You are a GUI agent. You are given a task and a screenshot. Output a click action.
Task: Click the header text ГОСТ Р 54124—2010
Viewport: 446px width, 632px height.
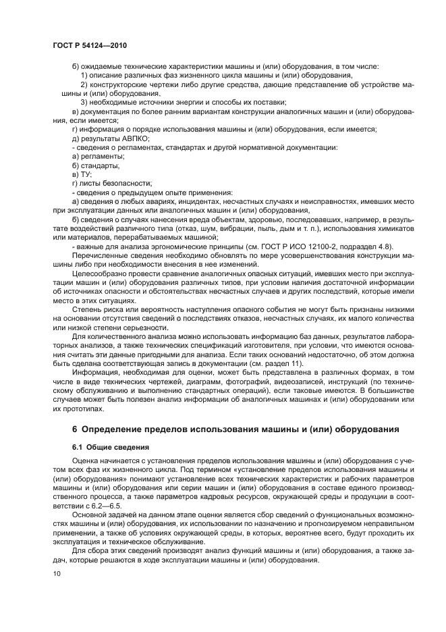[89, 45]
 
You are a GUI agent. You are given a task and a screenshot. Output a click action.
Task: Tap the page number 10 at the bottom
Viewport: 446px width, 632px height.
[57, 574]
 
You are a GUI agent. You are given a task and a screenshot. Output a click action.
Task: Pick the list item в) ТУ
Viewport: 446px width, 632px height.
[82, 174]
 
